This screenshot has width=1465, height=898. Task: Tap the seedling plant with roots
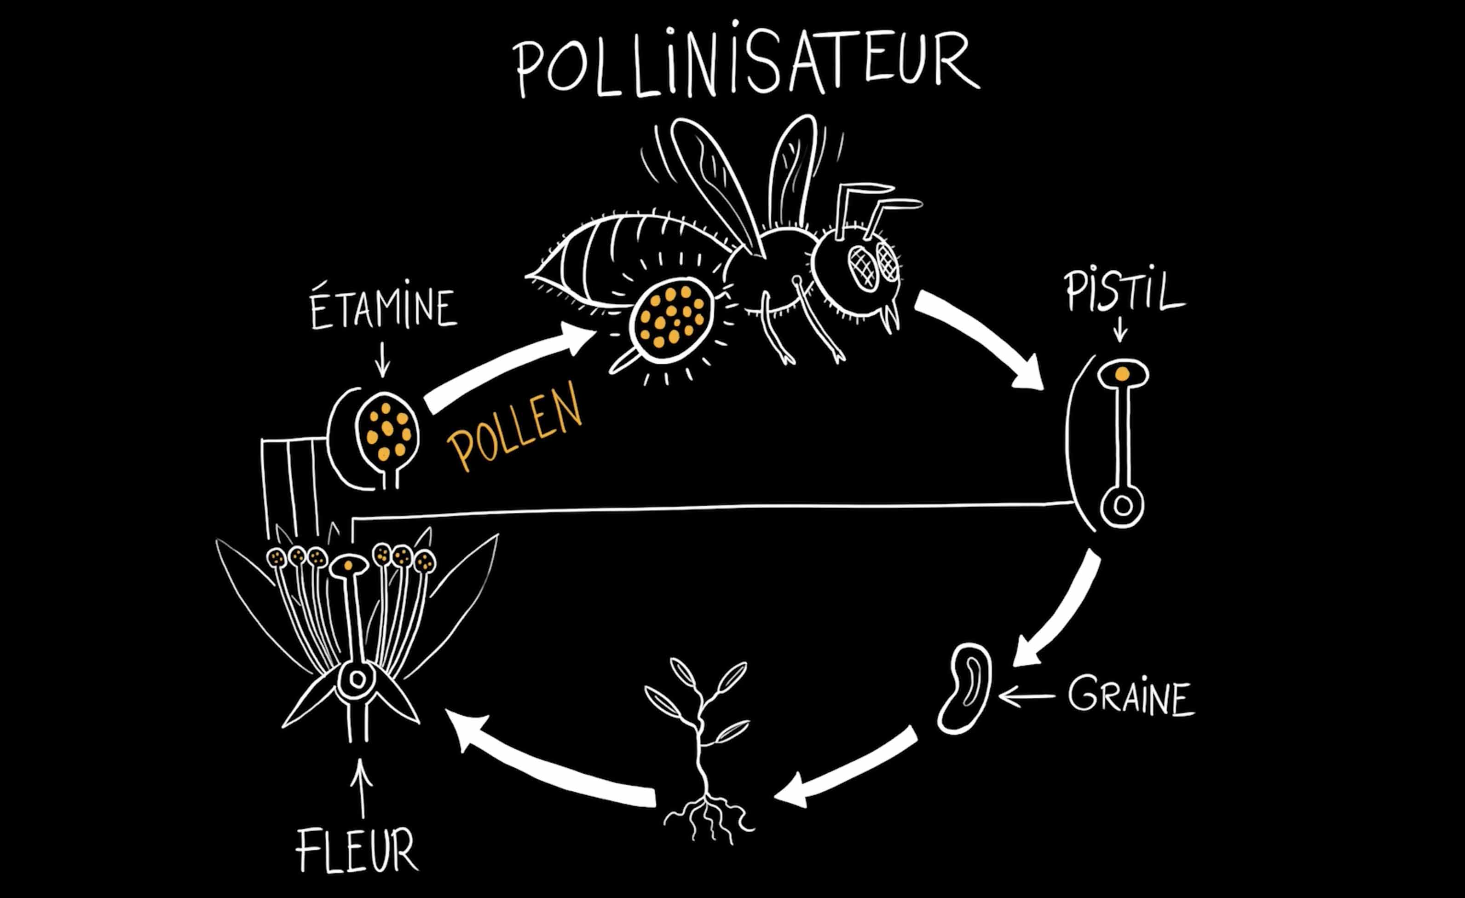(x=702, y=749)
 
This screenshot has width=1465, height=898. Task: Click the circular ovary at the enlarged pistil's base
(x=1122, y=506)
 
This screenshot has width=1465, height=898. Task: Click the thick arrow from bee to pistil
(x=981, y=339)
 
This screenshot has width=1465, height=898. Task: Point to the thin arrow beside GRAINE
(x=1026, y=696)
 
